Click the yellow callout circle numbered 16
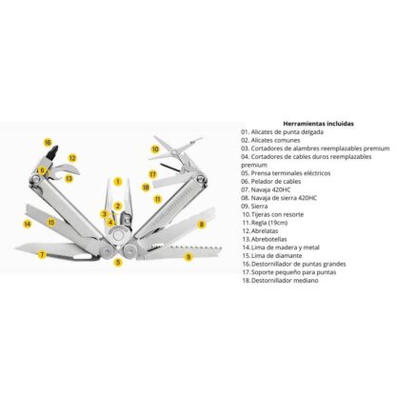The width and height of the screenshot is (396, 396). pyautogui.click(x=48, y=143)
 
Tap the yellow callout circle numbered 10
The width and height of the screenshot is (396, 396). pyautogui.click(x=155, y=148)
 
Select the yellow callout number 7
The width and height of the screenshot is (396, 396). pyautogui.click(x=41, y=255)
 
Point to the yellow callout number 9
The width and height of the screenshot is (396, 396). pyautogui.click(x=188, y=256)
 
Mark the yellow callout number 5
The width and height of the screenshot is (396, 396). pyautogui.click(x=118, y=262)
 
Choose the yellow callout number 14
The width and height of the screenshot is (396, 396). pyautogui.click(x=28, y=225)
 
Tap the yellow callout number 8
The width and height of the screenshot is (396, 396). pyautogui.click(x=202, y=224)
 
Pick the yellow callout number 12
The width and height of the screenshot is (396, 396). pyautogui.click(x=72, y=158)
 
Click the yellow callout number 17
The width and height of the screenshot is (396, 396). pyautogui.click(x=152, y=174)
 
